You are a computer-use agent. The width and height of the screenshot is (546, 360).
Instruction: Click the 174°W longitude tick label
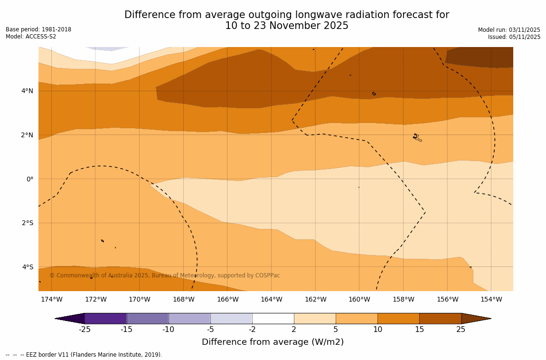[51, 299]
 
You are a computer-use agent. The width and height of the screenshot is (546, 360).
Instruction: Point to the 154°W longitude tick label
[491, 299]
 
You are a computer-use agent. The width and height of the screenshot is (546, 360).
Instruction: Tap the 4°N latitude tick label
[27, 91]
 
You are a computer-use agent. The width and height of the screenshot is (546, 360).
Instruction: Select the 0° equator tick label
[30, 179]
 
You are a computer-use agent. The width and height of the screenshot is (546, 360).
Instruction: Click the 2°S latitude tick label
[27, 223]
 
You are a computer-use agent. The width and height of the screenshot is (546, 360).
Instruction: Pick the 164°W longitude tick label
[271, 299]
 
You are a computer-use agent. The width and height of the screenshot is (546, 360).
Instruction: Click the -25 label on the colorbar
[85, 329]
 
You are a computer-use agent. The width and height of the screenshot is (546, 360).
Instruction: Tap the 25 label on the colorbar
[461, 329]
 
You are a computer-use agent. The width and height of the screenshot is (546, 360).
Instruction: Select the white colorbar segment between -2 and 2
[273, 318]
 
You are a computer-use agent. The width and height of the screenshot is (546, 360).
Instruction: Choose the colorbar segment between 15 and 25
[440, 318]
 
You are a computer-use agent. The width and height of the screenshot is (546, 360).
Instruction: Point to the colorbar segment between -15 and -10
[148, 318]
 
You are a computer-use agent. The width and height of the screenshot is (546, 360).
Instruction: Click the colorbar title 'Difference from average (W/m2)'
[273, 342]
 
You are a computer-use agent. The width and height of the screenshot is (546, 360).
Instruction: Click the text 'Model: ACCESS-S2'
[31, 37]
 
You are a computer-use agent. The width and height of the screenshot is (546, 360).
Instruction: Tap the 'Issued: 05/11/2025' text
[514, 37]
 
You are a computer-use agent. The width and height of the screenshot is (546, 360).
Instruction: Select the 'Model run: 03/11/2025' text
[509, 29]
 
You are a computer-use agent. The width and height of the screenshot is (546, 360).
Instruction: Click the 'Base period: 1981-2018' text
[38, 29]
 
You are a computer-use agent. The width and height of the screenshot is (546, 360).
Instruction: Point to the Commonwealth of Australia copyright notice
[165, 275]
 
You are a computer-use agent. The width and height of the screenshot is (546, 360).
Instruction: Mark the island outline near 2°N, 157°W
[417, 138]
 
